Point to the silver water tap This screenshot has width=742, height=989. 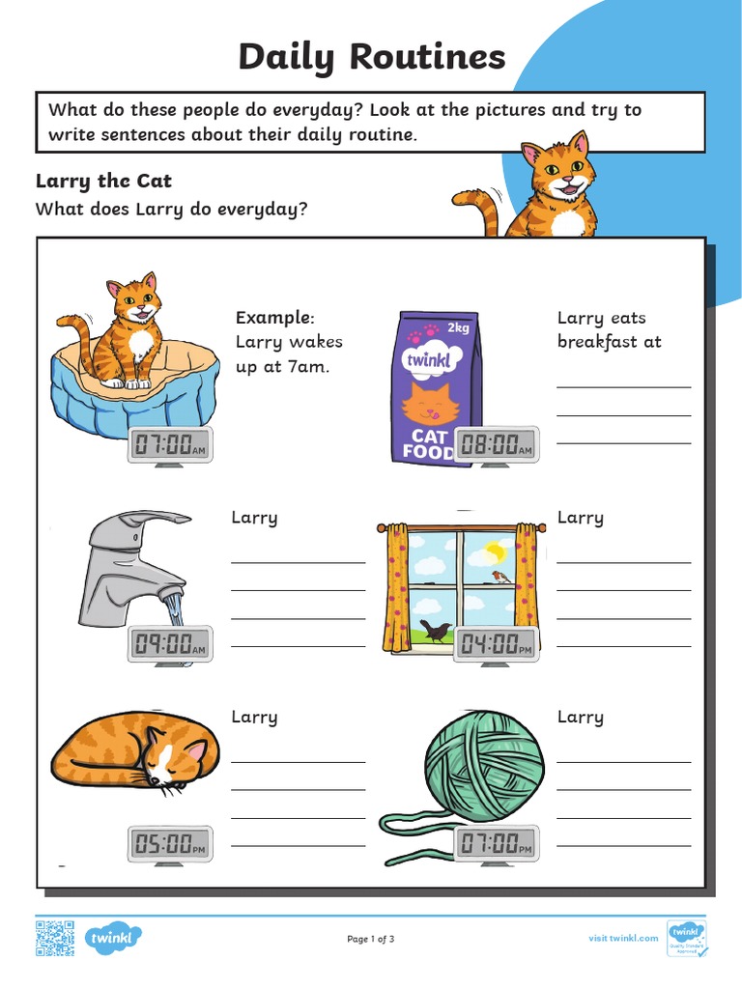pos(135,560)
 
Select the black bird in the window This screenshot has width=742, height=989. pos(435,632)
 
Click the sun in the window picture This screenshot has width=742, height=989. pos(495,552)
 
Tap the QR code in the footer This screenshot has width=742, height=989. pos(55,939)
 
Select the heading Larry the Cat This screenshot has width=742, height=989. pos(103,181)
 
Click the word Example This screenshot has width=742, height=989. pos(274,318)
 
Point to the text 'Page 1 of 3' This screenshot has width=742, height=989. pos(371,939)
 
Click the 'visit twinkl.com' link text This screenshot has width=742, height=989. pos(623,938)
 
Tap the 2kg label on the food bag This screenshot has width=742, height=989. pos(458,327)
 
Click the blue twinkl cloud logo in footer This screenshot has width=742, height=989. pos(114,938)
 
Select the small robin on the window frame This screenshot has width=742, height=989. pos(501,578)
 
